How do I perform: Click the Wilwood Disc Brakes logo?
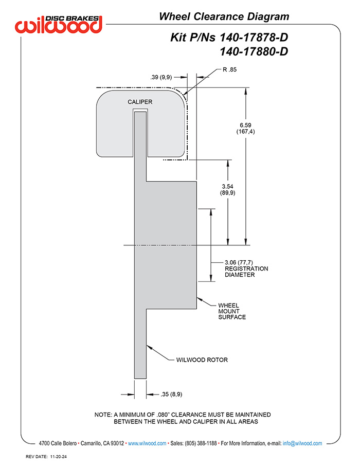(x=59, y=24)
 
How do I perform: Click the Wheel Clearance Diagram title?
(x=224, y=16)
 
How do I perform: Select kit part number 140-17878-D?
(x=254, y=38)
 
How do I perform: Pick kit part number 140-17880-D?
(x=254, y=52)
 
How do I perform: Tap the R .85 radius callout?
(x=229, y=69)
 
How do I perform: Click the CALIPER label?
(x=140, y=102)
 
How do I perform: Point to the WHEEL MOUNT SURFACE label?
(x=232, y=311)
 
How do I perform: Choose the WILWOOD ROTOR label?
(x=202, y=360)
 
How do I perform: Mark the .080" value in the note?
(x=163, y=415)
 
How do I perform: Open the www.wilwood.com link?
(x=147, y=443)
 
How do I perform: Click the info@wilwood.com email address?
(x=302, y=443)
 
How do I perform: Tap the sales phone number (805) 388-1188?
(x=201, y=443)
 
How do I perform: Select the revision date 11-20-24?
(x=58, y=457)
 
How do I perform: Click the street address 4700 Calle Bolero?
(x=58, y=443)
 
